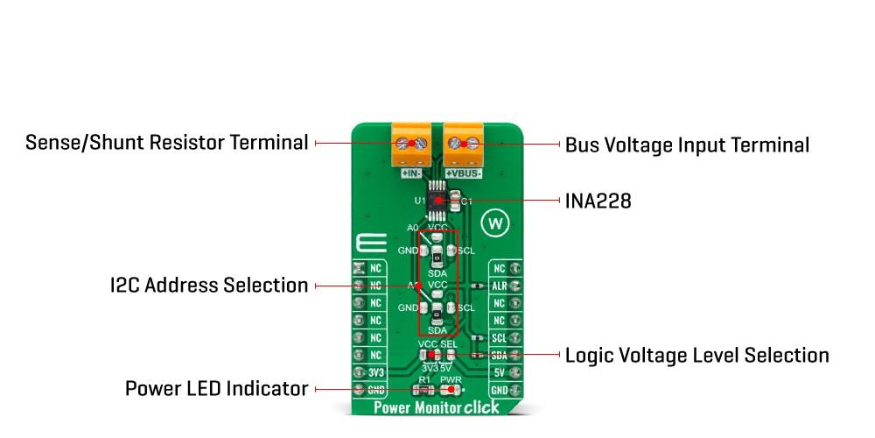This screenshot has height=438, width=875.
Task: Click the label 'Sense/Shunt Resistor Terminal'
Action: point(166,142)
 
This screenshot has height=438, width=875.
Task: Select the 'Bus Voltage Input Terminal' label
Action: point(687,145)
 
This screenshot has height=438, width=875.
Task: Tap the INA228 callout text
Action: point(598,201)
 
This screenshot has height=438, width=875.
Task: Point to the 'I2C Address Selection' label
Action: point(209,286)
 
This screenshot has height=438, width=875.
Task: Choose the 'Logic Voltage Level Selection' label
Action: point(696,355)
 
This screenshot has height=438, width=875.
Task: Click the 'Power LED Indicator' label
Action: point(216,388)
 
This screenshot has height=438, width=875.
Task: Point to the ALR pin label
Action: point(499,286)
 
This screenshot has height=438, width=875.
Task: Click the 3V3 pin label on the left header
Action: point(375,372)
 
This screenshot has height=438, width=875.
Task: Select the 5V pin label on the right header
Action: point(499,372)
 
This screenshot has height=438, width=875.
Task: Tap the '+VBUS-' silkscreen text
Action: point(464,173)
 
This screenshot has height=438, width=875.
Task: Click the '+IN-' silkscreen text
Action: point(412,173)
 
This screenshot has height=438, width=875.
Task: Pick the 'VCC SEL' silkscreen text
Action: point(437,344)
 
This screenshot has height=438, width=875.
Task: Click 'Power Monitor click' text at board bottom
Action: point(436,407)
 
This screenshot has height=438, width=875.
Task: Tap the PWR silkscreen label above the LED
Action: point(451,379)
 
